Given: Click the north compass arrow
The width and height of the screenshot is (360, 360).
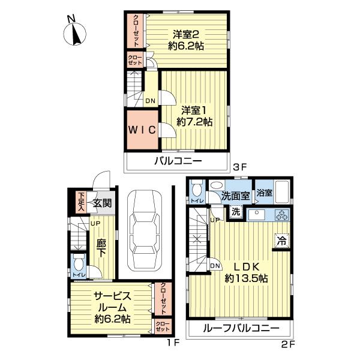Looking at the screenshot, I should tap(76, 33).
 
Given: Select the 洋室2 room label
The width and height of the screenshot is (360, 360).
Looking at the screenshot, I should tap(186, 39).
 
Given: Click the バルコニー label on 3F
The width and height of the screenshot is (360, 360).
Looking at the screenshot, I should tap(178, 161).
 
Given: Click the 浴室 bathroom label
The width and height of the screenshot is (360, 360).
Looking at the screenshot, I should tap(264, 194).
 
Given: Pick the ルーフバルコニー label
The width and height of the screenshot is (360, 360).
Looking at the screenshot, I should tap(241, 329).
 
